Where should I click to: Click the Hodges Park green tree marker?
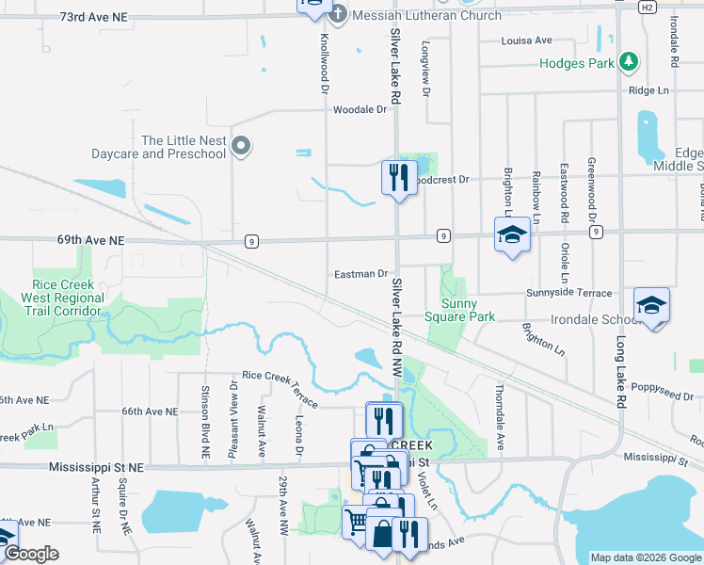click(629, 63)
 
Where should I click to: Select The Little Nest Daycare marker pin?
click(242, 145)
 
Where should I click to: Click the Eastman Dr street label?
click(361, 274)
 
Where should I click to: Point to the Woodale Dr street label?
click(360, 109)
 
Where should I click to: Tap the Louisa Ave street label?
click(527, 40)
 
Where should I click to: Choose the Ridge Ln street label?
click(648, 90)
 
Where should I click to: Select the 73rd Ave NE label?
click(92, 17)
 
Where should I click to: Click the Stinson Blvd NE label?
click(205, 422)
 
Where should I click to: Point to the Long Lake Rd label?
click(621, 372)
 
